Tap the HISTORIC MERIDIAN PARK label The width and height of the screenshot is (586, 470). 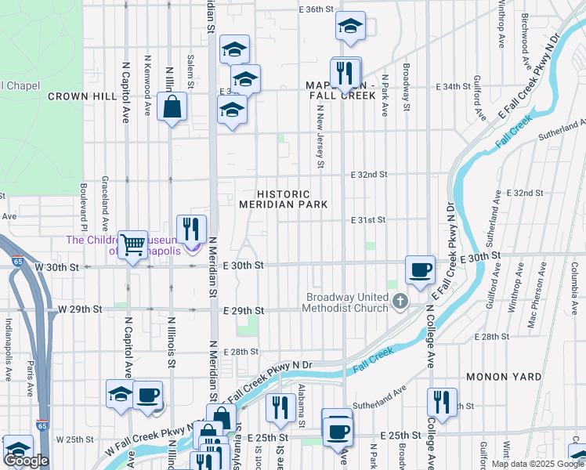pos(283,199)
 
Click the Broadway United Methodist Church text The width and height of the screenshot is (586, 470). pos(347,302)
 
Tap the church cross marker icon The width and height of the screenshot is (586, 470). pos(400,302)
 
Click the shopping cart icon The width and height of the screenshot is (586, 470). pos(132,244)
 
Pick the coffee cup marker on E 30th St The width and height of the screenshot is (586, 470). pos(420,269)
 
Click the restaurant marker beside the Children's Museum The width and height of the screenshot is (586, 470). pos(191,229)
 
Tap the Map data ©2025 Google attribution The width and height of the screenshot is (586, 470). pos(538,464)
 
